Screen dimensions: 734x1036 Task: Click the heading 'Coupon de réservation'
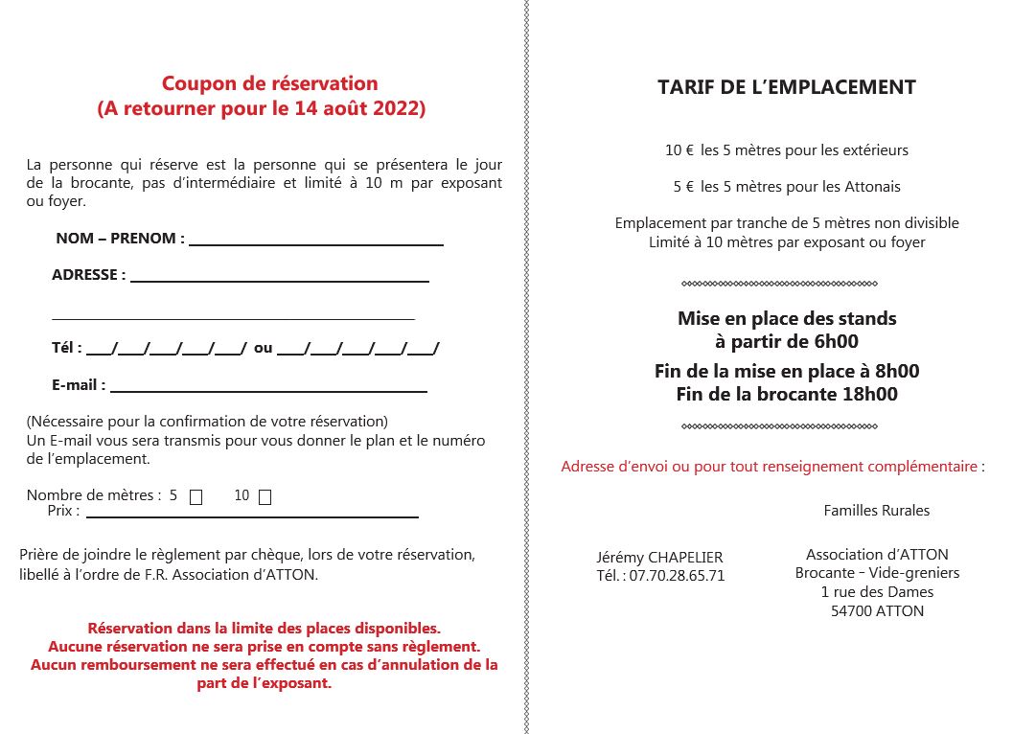click(x=269, y=84)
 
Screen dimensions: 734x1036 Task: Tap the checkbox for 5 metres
click(x=196, y=497)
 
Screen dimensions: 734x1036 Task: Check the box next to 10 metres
click(x=265, y=497)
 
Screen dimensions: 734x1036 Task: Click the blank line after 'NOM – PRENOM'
click(x=316, y=243)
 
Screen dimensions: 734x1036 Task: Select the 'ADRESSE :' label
click(x=88, y=275)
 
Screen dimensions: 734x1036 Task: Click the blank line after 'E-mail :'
click(x=268, y=389)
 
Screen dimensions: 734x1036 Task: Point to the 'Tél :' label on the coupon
click(x=67, y=348)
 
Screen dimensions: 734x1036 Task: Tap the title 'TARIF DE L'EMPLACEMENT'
click(x=787, y=87)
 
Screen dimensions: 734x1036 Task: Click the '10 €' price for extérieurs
click(x=679, y=150)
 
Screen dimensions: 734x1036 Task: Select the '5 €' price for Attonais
click(x=682, y=187)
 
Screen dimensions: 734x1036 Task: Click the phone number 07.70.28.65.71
click(x=678, y=576)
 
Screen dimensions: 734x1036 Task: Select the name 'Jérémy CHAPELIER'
click(x=659, y=558)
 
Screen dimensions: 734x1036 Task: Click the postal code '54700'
click(x=851, y=610)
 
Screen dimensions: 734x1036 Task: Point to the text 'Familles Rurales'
click(x=877, y=511)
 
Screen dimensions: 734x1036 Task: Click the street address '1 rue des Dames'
click(x=877, y=592)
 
